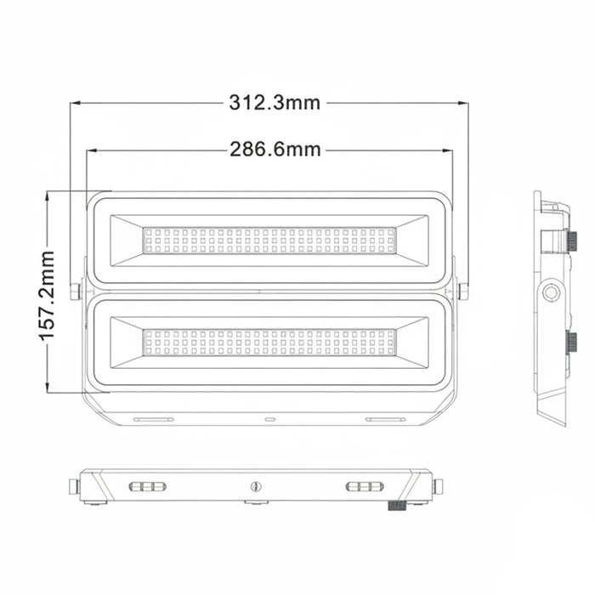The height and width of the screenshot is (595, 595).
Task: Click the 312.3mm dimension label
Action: pyautogui.click(x=275, y=103)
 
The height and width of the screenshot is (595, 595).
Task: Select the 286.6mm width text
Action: pyautogui.click(x=275, y=150)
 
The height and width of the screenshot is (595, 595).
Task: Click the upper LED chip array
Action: pyautogui.click(x=269, y=241)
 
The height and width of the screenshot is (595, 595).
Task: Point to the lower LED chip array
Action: pyautogui.click(x=269, y=343)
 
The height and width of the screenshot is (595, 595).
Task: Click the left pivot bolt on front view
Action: pyautogui.click(x=76, y=291)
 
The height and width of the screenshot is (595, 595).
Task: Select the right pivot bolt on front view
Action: pyautogui.click(x=463, y=291)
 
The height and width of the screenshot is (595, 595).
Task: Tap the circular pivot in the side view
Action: pyautogui.click(x=552, y=292)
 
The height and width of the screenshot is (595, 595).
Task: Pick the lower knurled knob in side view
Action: pyautogui.click(x=572, y=343)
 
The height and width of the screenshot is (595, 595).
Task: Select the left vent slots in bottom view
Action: pyautogui.click(x=148, y=486)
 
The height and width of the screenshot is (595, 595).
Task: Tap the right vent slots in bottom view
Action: pyautogui.click(x=365, y=486)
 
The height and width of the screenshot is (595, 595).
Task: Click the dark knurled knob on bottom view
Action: pyautogui.click(x=395, y=507)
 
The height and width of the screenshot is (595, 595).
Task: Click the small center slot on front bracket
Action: pyautogui.click(x=270, y=419)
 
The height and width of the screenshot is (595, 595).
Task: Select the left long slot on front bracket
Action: pyautogui.click(x=153, y=419)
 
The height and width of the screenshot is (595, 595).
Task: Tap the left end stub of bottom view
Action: pyautogui.click(x=74, y=486)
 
